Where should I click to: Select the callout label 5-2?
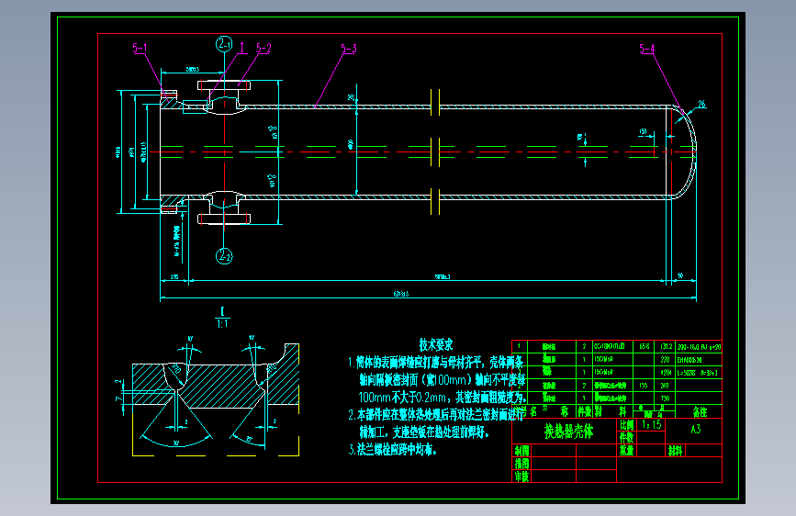[x=263, y=47]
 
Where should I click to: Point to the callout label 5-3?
[x=349, y=48]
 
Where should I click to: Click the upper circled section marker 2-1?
[x=225, y=42]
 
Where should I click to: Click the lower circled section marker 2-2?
[x=225, y=257]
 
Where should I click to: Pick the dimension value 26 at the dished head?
[x=702, y=105]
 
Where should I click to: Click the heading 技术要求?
[x=436, y=344]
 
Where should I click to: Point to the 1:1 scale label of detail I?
[x=223, y=322]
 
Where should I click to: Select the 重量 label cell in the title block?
[x=628, y=451]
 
